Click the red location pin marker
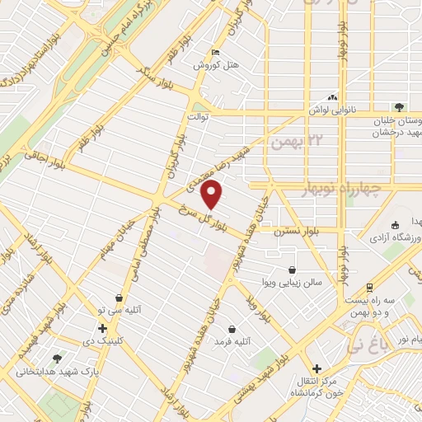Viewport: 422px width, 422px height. [213, 195]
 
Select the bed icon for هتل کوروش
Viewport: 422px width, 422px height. [216, 53]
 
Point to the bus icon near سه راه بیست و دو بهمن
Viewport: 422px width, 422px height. [369, 288]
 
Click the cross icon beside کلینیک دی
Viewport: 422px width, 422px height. [102, 328]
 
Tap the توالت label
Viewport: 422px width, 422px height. [198, 117]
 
